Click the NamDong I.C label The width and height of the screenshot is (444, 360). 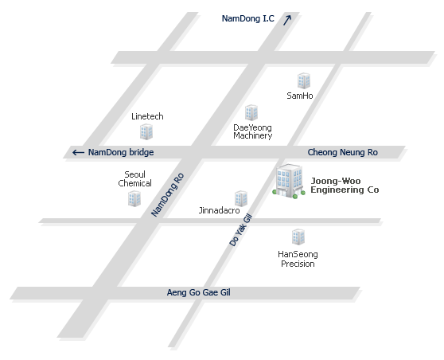click(247, 18)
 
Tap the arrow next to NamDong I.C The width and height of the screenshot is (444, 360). click(287, 20)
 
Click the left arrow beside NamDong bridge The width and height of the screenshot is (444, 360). click(79, 152)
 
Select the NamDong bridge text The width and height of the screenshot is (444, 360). click(121, 152)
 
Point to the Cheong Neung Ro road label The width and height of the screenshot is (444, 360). click(343, 152)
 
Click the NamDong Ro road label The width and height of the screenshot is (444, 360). click(168, 195)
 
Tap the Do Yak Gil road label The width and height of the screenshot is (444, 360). click(240, 230)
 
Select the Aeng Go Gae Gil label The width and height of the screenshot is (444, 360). click(198, 292)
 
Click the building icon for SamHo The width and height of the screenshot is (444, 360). click(304, 80)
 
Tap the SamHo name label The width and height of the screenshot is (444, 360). click(300, 96)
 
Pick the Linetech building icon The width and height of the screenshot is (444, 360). click(146, 131)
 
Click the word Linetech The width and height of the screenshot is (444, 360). click(147, 116)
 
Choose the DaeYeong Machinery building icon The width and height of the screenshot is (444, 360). click(251, 112)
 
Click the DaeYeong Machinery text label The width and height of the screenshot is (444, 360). click(252, 131)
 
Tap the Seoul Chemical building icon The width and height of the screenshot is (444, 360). click(134, 198)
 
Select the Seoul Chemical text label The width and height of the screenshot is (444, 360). click(134, 179)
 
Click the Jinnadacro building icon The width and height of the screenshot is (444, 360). click(241, 198)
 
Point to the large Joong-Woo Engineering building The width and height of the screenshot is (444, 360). click(289, 181)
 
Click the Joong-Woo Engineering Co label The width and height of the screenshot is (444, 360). click(345, 186)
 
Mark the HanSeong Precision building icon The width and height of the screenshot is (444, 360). click(298, 237)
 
